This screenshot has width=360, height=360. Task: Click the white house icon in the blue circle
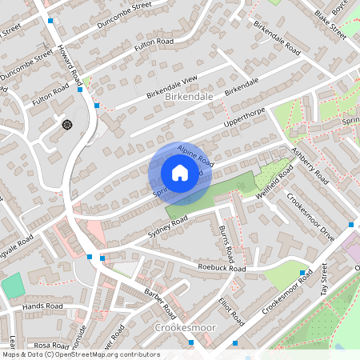click(180, 173)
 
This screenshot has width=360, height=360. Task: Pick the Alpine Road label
click(196, 154)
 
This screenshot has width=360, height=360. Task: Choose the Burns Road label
click(226, 245)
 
